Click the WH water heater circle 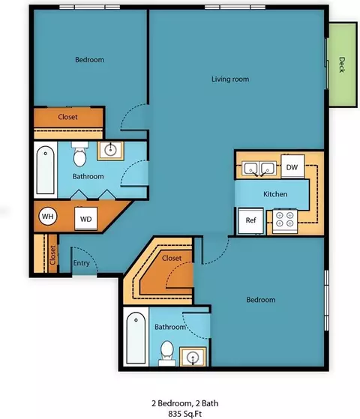(47, 216)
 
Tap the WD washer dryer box (85, 219)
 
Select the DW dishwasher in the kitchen (292, 166)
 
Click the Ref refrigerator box (251, 220)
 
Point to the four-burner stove (285, 221)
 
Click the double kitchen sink (259, 169)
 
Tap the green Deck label (342, 64)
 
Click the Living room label (230, 79)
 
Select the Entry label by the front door (81, 263)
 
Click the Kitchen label (275, 194)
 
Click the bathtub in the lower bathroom (136, 338)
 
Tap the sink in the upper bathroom (110, 151)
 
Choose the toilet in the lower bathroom (167, 353)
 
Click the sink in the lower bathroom (193, 357)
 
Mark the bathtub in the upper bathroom (46, 169)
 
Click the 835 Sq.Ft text (184, 414)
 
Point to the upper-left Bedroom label (89, 60)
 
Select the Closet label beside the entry (52, 255)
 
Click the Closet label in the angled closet (172, 258)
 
